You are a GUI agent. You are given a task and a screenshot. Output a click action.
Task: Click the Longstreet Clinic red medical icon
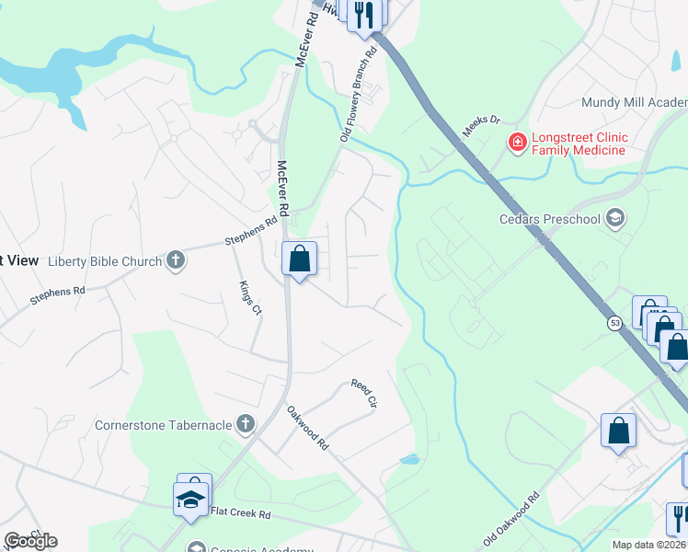(517, 143)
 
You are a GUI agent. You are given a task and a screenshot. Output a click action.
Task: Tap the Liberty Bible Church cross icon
(176, 261)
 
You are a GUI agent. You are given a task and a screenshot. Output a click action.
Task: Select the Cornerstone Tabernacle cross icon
(245, 424)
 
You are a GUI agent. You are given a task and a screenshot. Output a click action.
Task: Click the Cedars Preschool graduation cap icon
(615, 218)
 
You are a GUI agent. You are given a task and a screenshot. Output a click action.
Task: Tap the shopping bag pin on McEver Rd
(299, 259)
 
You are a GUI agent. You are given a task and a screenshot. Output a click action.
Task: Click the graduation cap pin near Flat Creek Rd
(190, 500)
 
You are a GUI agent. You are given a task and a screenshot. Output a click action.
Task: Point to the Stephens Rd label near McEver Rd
(251, 230)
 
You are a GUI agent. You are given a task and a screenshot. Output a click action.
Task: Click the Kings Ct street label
(250, 298)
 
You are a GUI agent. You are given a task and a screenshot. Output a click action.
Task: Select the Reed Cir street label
(364, 393)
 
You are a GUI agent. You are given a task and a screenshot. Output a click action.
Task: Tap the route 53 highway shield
(613, 323)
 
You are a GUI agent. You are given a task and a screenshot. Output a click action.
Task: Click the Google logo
(30, 540)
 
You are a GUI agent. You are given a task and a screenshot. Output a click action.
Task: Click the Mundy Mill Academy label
(634, 103)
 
